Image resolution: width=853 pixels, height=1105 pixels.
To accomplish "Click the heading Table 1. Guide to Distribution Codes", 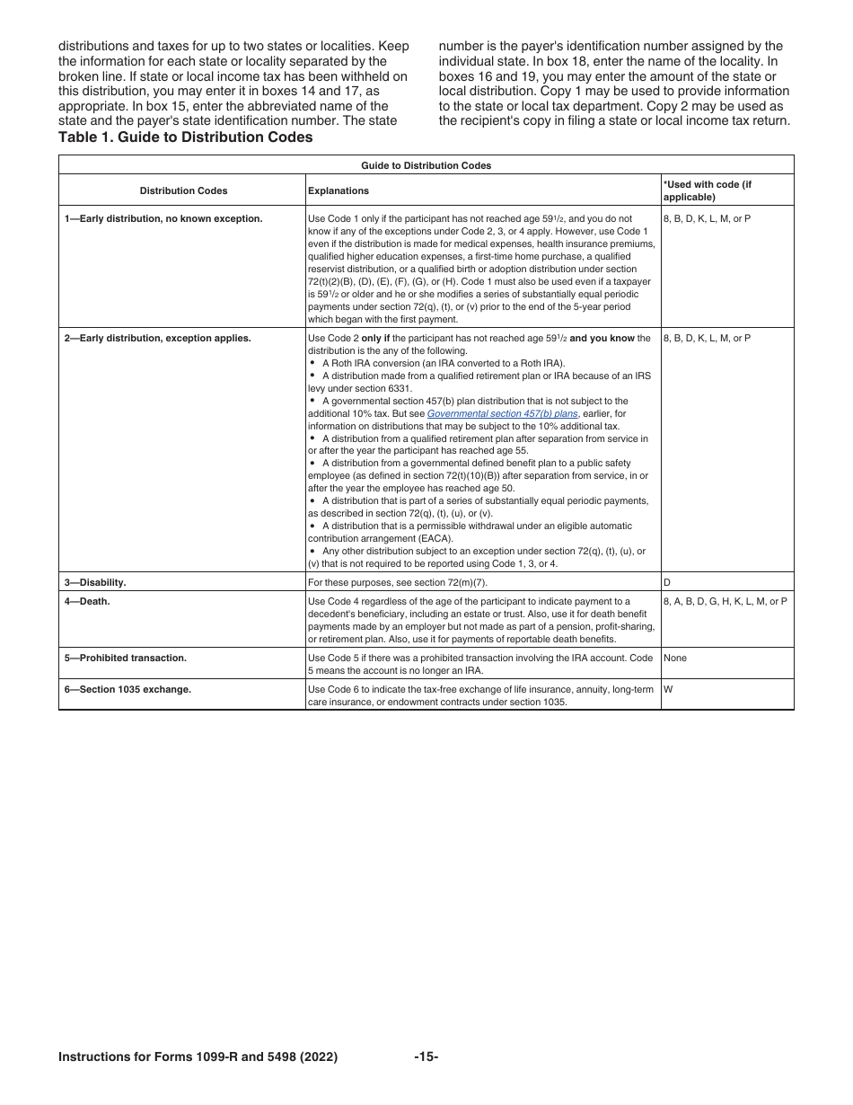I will point(185,137).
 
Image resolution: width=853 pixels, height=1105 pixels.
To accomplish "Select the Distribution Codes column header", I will point(183,190).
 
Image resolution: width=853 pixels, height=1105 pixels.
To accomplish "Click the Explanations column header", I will point(339,190).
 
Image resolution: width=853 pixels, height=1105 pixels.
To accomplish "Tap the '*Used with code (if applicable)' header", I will point(707,190).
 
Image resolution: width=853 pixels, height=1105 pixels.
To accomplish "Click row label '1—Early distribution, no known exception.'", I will point(163,218).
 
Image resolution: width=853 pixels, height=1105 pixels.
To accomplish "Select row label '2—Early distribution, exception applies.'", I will point(157,338).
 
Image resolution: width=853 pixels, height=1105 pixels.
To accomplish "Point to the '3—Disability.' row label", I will point(95,582).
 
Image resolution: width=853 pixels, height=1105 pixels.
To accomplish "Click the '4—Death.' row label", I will point(87,601).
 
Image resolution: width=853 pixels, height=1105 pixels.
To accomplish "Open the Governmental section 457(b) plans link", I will point(502,413).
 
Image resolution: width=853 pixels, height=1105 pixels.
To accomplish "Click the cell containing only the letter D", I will point(667,582).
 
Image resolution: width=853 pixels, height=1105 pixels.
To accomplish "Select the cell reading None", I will point(674,658).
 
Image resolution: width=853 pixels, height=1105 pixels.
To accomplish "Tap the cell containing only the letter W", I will point(668,689).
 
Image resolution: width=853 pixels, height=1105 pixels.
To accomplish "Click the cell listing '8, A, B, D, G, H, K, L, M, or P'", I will point(725,601).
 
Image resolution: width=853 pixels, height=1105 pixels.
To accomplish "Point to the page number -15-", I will point(426,1057).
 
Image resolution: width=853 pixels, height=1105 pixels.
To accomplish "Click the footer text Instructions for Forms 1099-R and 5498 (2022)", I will point(198,1057).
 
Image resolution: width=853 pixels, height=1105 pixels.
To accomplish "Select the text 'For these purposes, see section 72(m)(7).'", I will point(397,582).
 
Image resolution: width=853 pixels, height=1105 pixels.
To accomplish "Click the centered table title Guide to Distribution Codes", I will point(426,165).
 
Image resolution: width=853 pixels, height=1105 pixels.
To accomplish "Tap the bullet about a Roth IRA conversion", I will point(443,363).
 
